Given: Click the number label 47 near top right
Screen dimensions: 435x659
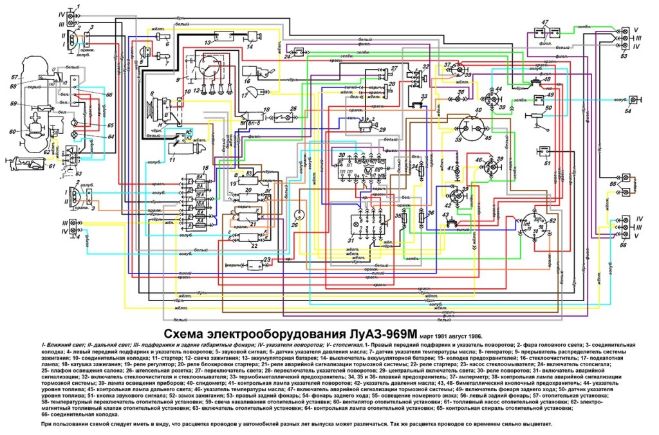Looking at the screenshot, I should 545,23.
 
